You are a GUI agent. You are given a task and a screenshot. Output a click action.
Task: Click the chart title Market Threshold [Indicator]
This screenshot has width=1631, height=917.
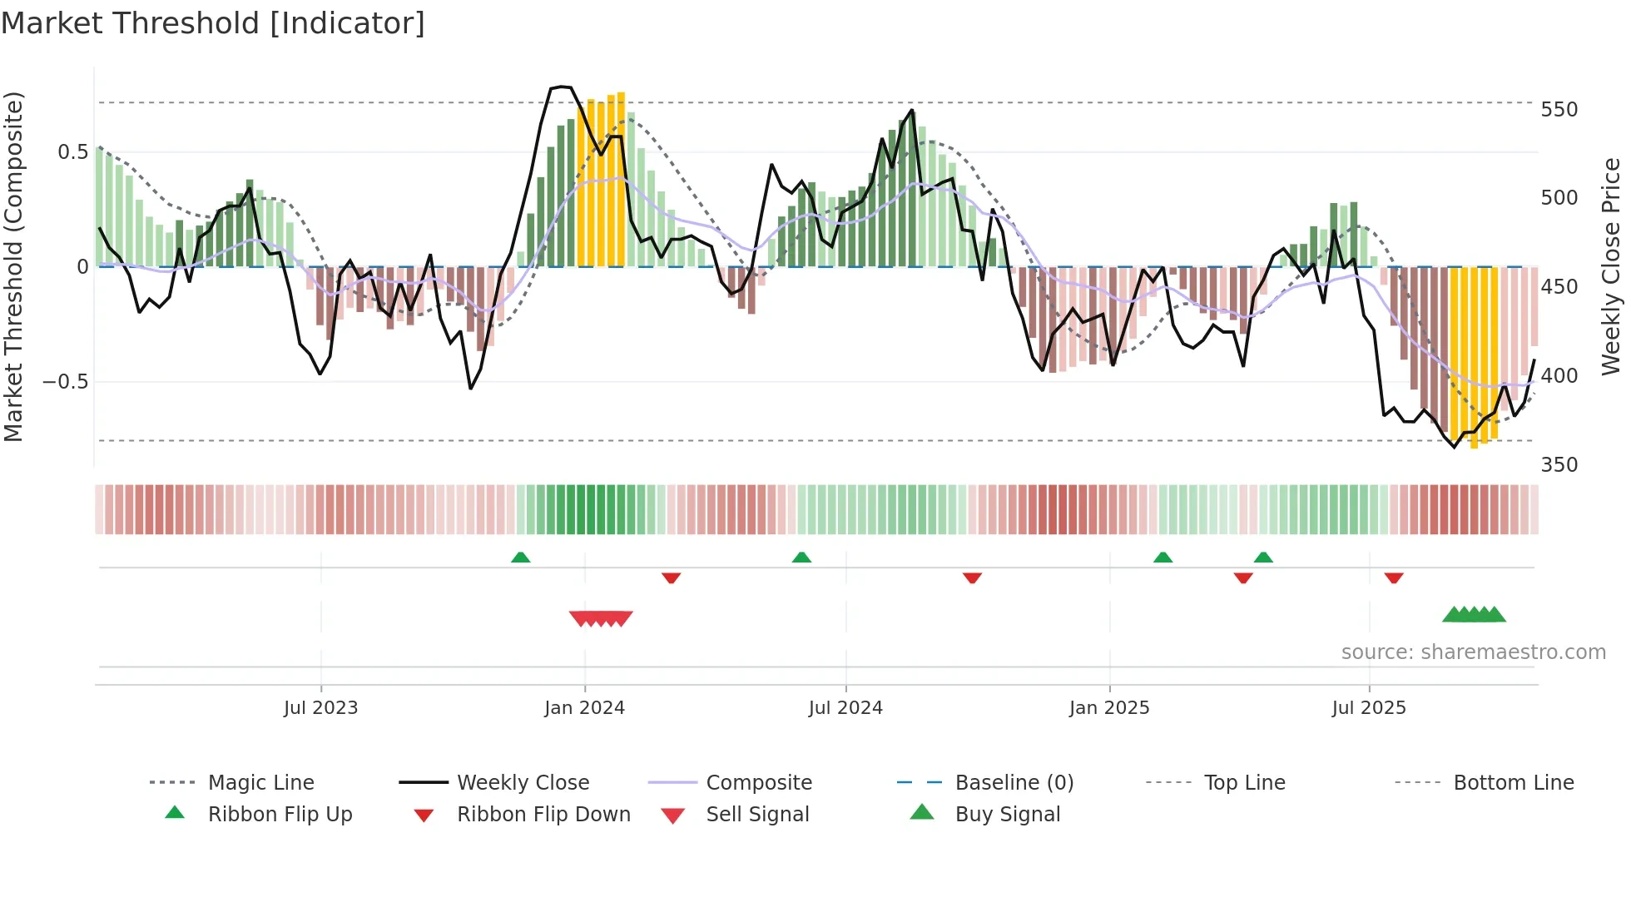pyautogui.click(x=213, y=23)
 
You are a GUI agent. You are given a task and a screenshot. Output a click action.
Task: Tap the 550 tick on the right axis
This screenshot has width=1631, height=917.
pyautogui.click(x=1559, y=110)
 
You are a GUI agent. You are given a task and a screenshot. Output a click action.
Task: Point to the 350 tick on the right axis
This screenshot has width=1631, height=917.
pyautogui.click(x=1559, y=464)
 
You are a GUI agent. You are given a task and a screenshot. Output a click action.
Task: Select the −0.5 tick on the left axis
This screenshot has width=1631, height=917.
pyautogui.click(x=65, y=382)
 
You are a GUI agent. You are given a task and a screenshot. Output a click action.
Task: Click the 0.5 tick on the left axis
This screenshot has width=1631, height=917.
pyautogui.click(x=72, y=152)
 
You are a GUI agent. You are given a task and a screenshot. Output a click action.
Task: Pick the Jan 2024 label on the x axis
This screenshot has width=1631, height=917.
pyautogui.click(x=584, y=708)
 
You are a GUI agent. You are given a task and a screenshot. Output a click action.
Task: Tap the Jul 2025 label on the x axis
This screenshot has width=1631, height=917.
pyautogui.click(x=1369, y=708)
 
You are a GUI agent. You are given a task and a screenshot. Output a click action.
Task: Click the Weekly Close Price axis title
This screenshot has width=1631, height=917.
pyautogui.click(x=1611, y=266)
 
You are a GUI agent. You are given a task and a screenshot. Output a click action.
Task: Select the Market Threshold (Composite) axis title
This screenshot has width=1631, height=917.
pyautogui.click(x=14, y=266)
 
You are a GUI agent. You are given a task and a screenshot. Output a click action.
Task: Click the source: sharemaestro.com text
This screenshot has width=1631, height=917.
pyautogui.click(x=1473, y=652)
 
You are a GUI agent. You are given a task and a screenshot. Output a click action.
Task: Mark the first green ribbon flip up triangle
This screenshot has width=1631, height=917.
pyautogui.click(x=520, y=558)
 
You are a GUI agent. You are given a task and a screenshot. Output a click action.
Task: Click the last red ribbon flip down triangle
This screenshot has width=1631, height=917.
pyautogui.click(x=1394, y=577)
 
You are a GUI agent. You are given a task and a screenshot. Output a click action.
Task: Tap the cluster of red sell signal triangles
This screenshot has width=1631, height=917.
pyautogui.click(x=601, y=618)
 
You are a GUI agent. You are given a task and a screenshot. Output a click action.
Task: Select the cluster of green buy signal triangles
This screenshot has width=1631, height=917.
pyautogui.click(x=1474, y=615)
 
